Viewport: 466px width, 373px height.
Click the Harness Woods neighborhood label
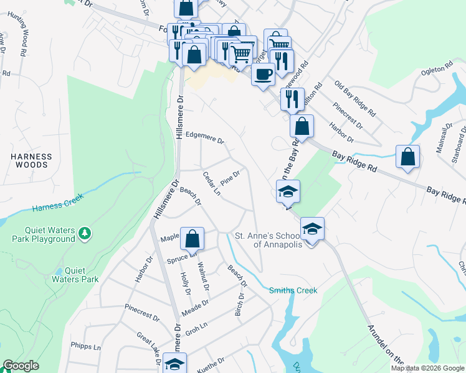coord(31,160)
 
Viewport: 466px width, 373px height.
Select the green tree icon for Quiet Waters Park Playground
coord(84,234)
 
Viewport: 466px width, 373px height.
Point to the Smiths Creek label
coord(293,290)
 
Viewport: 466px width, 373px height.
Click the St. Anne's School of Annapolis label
coord(268,240)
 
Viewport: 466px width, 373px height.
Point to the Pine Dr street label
coord(231,178)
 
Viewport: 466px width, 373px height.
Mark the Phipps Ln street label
coord(86,347)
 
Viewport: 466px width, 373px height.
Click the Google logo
coord(21,366)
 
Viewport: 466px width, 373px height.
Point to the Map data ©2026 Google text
coord(427,368)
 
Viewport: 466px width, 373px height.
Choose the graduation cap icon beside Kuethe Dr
coord(175,364)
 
